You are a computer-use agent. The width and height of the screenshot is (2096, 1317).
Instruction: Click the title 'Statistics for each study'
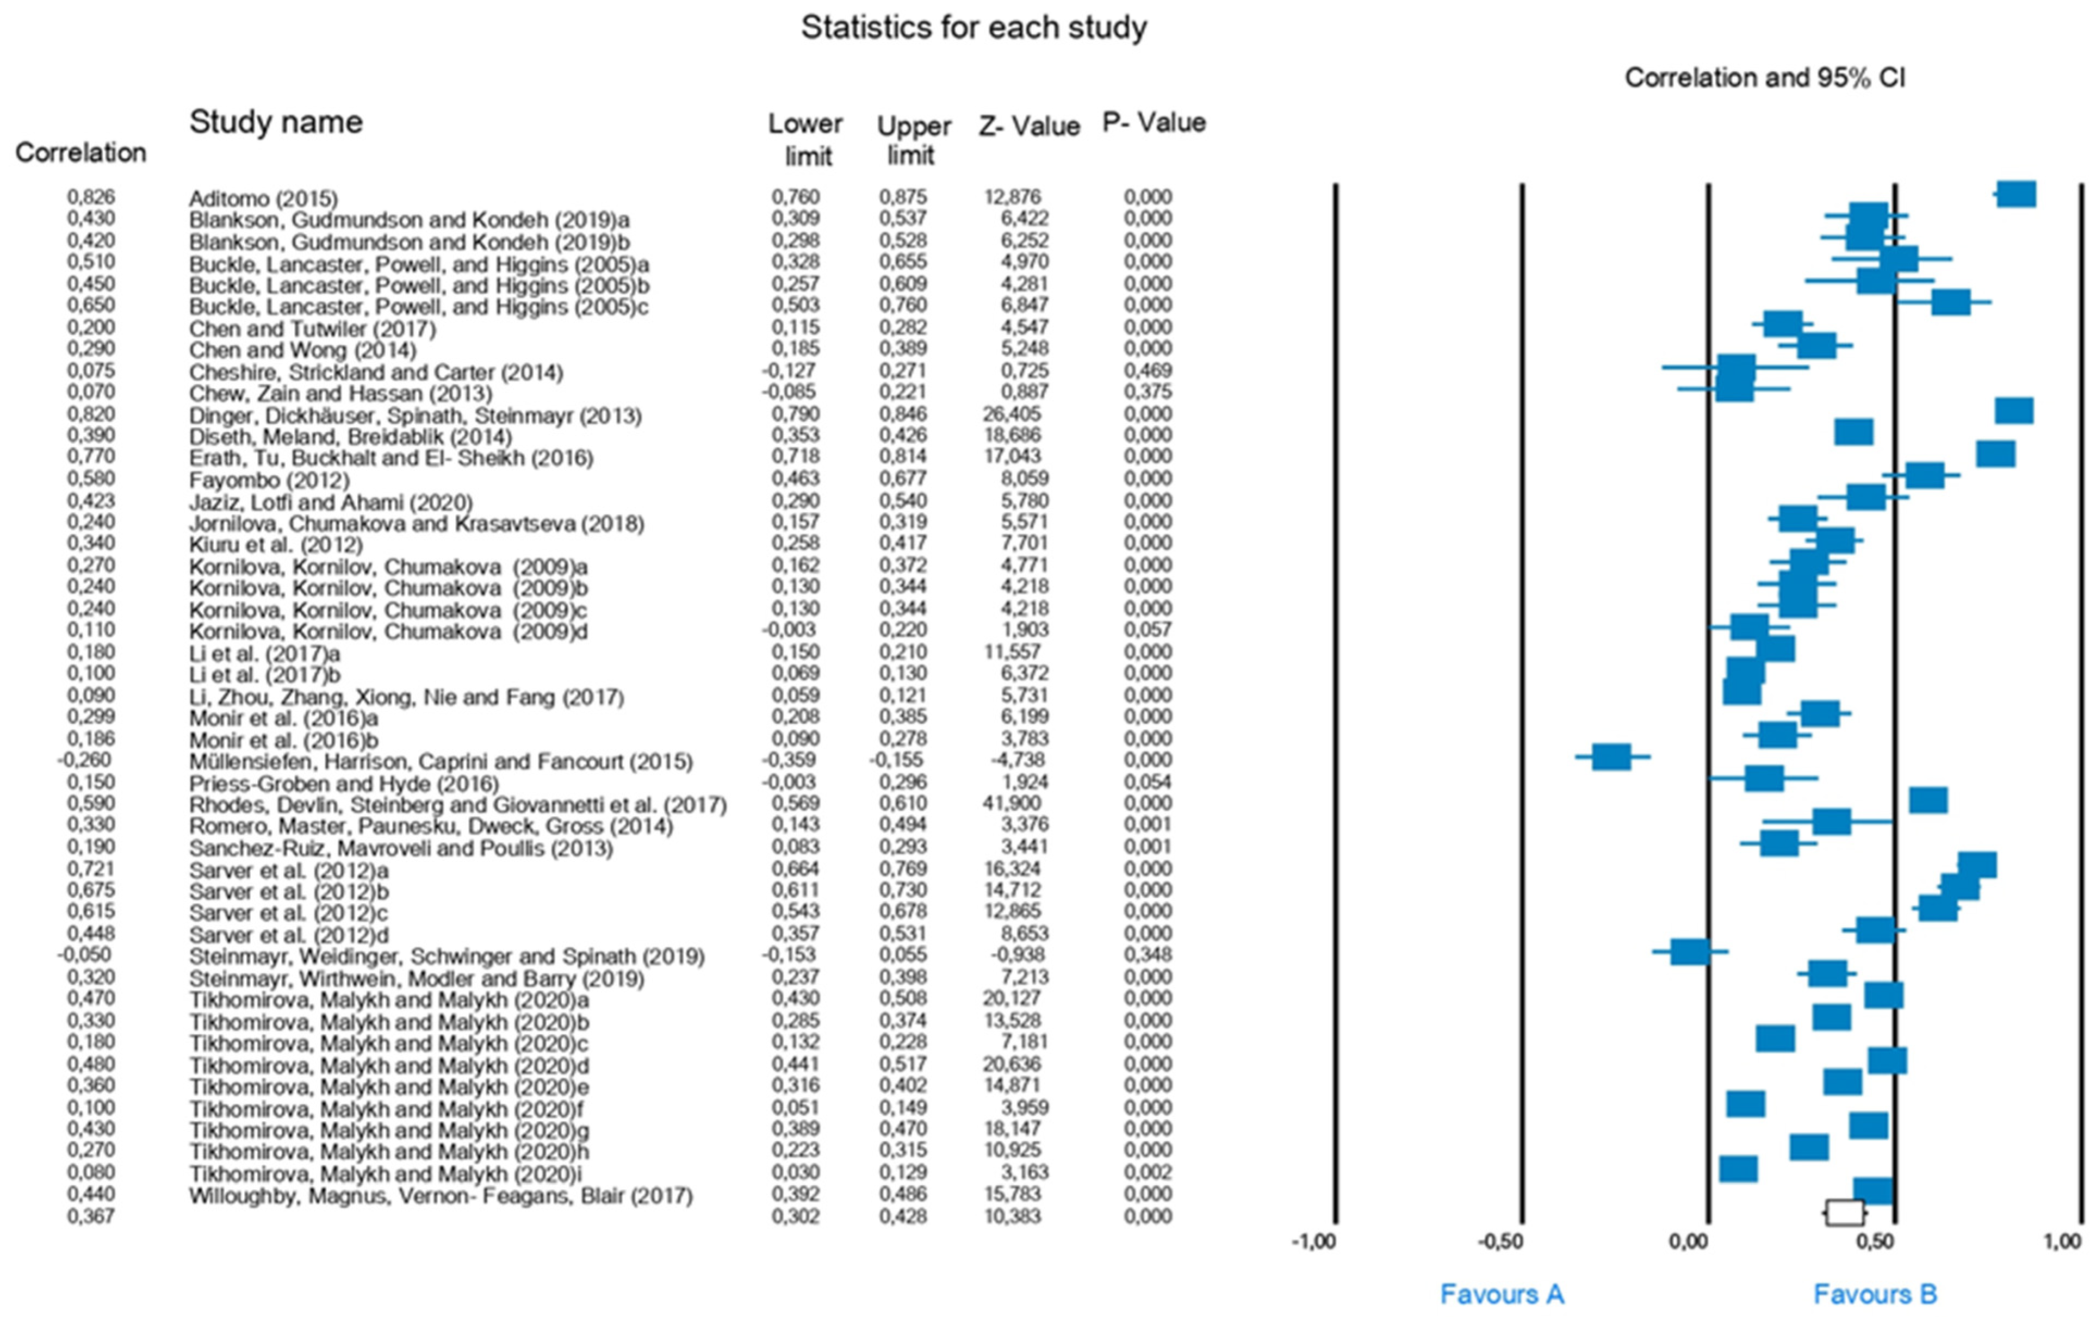[973, 28]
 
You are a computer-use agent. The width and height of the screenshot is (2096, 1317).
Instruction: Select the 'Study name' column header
[276, 122]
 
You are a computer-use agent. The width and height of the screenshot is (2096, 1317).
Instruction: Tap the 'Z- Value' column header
[1029, 126]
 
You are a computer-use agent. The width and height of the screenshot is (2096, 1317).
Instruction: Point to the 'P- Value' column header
[1154, 123]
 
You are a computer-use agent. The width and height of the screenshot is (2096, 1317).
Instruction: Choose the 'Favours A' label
[1502, 1294]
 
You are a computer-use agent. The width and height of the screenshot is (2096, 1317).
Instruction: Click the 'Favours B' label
[1875, 1294]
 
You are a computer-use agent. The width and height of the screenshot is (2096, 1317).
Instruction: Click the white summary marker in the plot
[1844, 1213]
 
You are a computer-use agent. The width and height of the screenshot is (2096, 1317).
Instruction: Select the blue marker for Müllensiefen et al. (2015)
[1611, 756]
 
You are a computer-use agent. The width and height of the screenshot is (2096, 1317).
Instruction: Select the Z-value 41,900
[1012, 803]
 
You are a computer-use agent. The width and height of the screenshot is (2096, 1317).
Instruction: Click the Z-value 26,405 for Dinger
[1012, 413]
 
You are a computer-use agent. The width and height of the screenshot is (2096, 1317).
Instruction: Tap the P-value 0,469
[1147, 371]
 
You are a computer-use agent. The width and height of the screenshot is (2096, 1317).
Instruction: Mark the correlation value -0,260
[85, 760]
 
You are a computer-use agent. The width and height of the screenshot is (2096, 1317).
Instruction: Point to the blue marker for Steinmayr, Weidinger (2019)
[1690, 952]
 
